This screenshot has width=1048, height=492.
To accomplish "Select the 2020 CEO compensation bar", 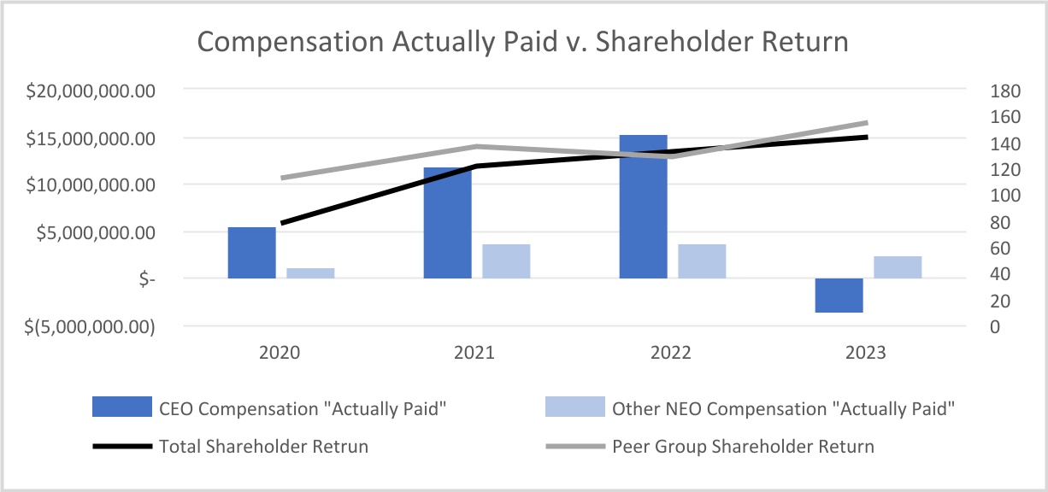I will pos(251,253).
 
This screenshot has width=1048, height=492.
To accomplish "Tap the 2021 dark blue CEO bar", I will pos(447,223).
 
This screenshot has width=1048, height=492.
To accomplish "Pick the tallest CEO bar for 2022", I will pos(643,207).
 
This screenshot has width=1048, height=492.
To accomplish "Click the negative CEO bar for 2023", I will pos(839,296).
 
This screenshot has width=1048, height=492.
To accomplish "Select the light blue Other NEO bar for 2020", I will pos(310,273).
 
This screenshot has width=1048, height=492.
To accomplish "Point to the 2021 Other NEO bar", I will pos(506,261).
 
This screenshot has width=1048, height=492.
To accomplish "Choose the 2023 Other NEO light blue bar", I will pos(898,267).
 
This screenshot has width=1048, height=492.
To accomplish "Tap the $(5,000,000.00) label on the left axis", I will pos(82,326).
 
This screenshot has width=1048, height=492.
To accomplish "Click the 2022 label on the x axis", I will pos(671,353).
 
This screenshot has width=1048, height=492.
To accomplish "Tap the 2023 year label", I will pos(867,353).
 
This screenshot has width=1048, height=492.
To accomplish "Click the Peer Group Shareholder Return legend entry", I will pos(743,446).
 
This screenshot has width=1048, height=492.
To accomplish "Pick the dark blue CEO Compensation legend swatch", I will pos(116,408).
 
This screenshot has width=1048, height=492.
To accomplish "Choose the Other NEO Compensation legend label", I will pos(782,408).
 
